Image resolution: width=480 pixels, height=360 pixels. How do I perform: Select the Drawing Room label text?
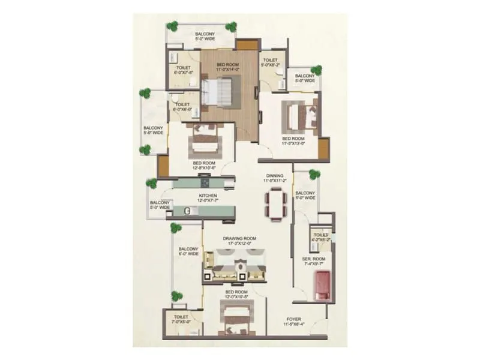click(x=240, y=239)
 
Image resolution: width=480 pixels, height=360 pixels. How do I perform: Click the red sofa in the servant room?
click(x=322, y=286)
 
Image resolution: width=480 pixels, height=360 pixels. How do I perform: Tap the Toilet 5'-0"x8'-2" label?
click(x=270, y=63)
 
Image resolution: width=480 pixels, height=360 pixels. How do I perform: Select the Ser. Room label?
click(x=313, y=260)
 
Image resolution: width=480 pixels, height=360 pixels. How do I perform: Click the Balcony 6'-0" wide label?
click(x=188, y=251)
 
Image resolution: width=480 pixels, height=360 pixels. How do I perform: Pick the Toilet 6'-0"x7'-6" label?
click(x=182, y=70)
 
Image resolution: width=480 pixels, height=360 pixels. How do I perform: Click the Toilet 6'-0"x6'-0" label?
click(x=182, y=107)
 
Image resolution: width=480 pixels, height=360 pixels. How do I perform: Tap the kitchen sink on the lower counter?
click(x=187, y=211)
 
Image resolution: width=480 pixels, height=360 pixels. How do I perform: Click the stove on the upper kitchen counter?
click(x=205, y=184)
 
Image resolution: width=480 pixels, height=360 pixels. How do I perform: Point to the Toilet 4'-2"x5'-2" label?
click(x=321, y=237)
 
